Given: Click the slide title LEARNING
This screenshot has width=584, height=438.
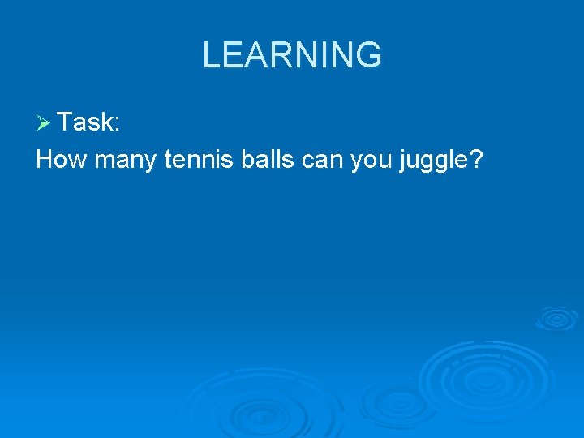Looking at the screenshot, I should (x=291, y=55).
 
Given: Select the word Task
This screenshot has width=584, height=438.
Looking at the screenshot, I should (x=85, y=122).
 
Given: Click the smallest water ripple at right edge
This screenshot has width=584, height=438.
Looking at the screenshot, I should (x=556, y=318).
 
